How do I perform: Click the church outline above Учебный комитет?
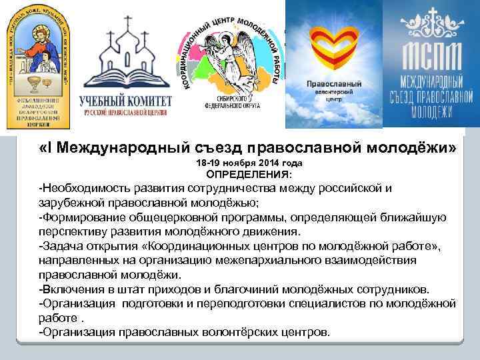point(125,57)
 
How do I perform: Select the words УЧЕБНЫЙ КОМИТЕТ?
point(125,101)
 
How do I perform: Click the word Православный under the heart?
point(334,85)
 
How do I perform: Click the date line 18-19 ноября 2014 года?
point(249,163)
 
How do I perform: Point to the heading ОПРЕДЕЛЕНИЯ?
point(249,174)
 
